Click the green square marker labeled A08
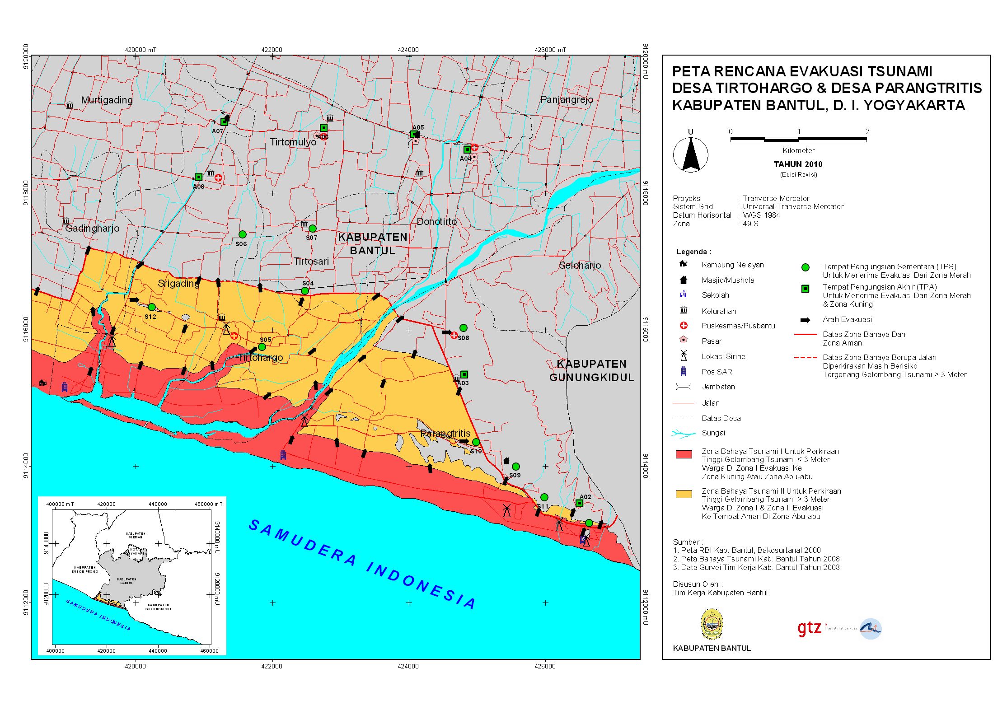click(198, 177)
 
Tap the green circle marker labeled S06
click(243, 234)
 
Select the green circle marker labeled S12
click(152, 307)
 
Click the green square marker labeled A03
click(464, 374)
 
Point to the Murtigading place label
click(107, 100)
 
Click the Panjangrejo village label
click(567, 99)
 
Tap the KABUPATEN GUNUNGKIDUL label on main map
click(591, 370)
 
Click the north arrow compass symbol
click(690, 155)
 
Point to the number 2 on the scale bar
click(866, 131)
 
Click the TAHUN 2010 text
click(798, 164)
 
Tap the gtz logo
click(809, 628)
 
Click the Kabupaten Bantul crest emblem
click(712, 624)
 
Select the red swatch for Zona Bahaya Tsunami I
click(684, 454)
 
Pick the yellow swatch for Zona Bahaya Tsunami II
click(684, 494)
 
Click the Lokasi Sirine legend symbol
click(684, 356)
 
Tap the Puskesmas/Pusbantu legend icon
click(684, 326)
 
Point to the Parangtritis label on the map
click(445, 433)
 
